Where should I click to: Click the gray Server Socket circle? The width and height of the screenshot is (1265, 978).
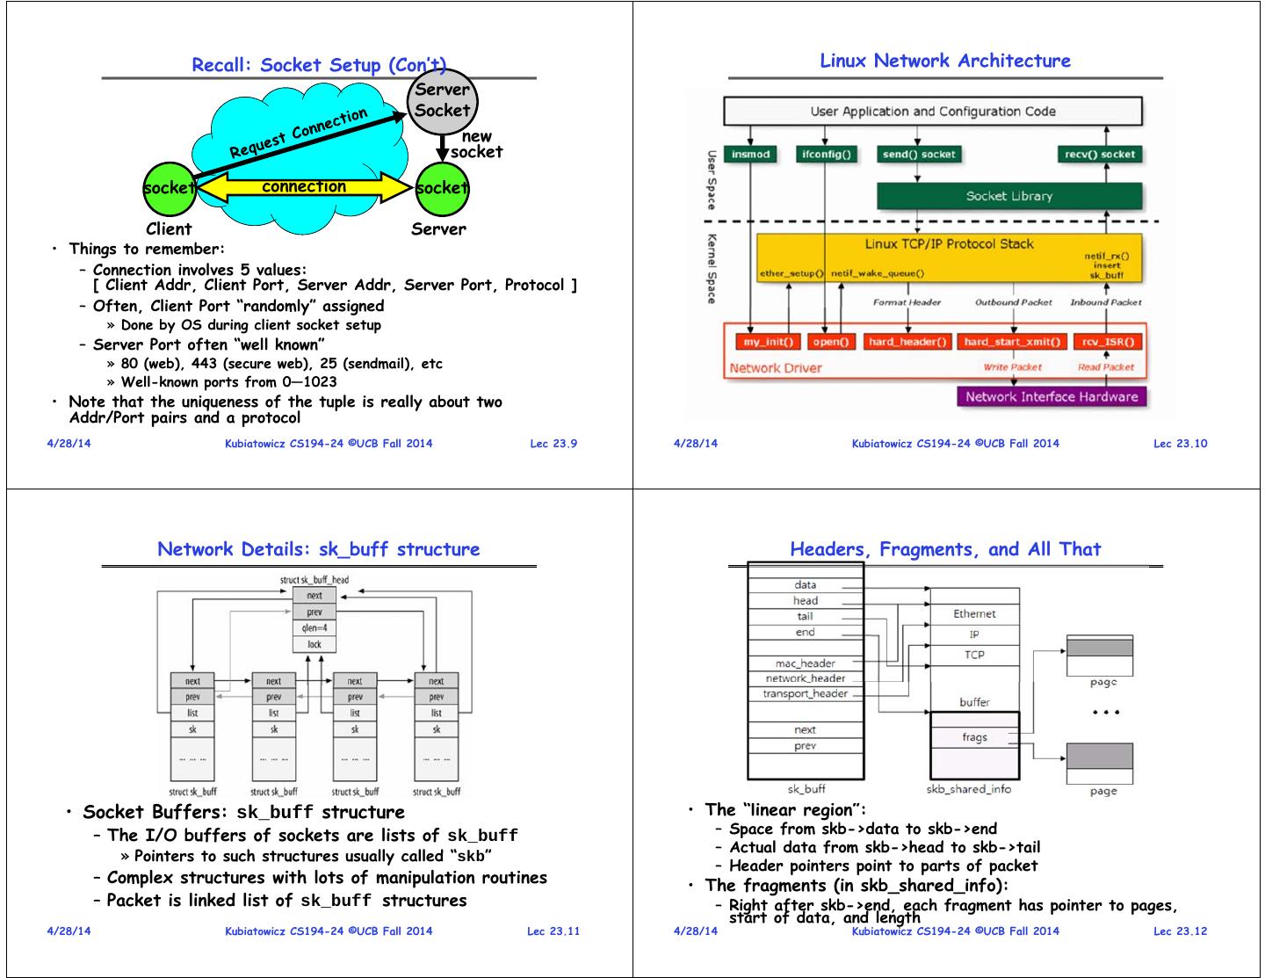point(442,100)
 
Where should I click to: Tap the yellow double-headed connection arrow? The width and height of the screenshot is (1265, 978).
point(304,187)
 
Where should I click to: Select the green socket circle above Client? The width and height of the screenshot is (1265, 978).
point(169,188)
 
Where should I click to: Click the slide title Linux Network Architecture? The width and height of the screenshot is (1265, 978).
point(944,61)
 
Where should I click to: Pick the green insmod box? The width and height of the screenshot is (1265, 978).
point(750,155)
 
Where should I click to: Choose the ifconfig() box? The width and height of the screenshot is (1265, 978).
point(826,155)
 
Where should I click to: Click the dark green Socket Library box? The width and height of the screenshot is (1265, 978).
point(1009,196)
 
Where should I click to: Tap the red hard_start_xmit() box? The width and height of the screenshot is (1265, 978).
point(1012,342)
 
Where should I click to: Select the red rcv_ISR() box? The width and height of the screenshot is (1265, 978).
point(1105,342)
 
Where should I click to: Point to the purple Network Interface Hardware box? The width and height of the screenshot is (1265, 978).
point(1051,396)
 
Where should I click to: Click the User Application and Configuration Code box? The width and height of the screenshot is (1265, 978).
point(932,112)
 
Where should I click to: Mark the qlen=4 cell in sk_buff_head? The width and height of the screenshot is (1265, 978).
point(314,628)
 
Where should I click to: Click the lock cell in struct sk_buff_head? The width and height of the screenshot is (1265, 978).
point(314,644)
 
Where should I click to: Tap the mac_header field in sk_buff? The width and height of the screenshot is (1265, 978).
point(805,663)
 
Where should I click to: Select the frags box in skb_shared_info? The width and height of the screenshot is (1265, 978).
point(974,737)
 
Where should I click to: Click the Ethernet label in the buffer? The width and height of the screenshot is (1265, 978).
point(974,614)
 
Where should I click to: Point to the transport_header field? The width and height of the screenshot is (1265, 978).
point(805,694)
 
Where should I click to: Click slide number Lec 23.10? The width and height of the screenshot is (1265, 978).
point(1180,443)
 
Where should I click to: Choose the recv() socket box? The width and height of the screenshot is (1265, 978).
point(1100,155)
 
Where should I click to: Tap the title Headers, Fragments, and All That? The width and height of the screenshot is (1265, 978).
point(944,549)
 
